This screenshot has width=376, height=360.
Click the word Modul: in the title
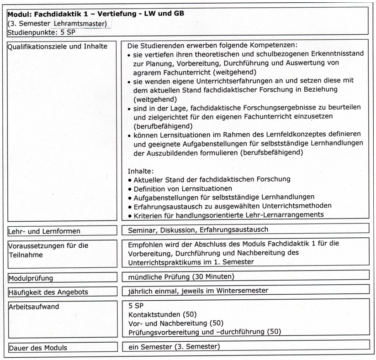(21, 13)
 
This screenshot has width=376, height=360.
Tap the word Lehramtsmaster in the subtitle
(80, 23)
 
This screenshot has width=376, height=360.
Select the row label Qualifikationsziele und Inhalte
(58, 46)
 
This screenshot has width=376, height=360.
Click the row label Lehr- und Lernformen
(44, 231)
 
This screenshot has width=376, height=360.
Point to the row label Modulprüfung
(31, 278)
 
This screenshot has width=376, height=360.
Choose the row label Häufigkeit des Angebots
(48, 292)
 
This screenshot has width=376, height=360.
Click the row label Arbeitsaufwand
(34, 307)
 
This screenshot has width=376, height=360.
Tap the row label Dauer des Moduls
(38, 348)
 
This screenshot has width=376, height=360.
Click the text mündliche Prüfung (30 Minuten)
(181, 277)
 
